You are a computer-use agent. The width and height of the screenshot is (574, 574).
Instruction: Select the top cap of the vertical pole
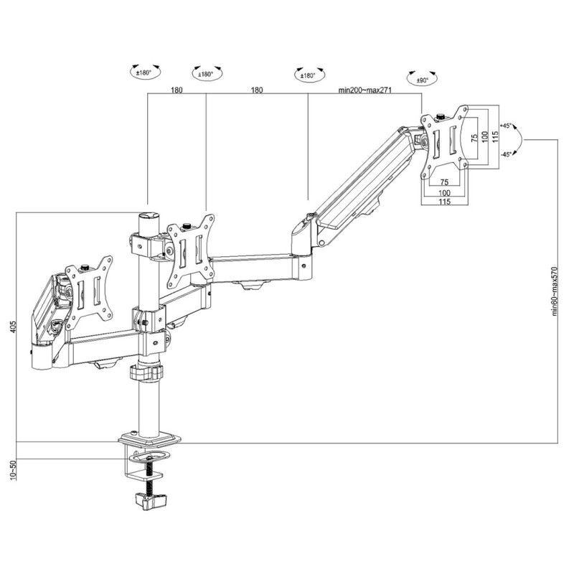149,214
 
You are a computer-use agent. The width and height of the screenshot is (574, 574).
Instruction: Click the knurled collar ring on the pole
146,373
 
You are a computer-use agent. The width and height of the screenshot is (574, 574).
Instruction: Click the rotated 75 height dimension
474,139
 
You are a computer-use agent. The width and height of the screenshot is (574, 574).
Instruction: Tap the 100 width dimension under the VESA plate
445,193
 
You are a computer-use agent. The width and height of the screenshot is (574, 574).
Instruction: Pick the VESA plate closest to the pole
191,249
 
